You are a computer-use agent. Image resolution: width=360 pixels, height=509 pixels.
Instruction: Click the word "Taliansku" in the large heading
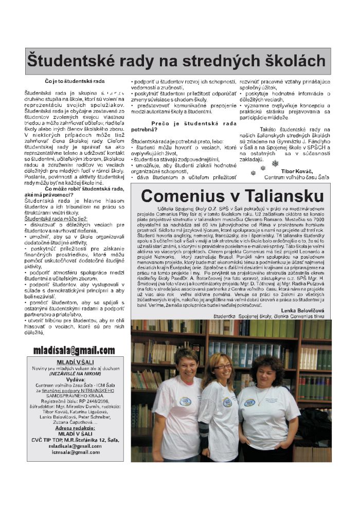[x=277, y=196]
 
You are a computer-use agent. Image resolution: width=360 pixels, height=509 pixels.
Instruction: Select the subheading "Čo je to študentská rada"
[x=75, y=81]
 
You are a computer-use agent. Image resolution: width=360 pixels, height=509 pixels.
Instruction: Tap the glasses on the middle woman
[x=222, y=367]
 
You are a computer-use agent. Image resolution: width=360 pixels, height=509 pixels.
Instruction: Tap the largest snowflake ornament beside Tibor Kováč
[x=275, y=163]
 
